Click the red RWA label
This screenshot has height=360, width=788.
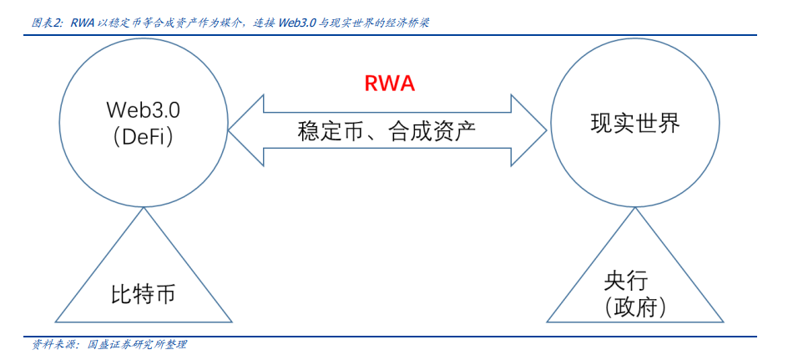pos(389,84)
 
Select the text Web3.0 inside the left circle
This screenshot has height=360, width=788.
pos(143,110)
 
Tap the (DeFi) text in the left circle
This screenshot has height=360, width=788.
pos(143,138)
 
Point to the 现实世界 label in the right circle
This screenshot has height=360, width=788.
pos(635,124)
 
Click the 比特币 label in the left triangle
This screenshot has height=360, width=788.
pos(144,296)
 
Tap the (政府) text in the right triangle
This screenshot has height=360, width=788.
pos(636,307)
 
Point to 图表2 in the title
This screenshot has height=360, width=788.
pos(48,23)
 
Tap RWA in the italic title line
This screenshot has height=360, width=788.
pos(82,23)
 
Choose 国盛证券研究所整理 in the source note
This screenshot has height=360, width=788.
pos(137,344)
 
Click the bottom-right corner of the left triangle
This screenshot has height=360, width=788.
pos(231,322)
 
